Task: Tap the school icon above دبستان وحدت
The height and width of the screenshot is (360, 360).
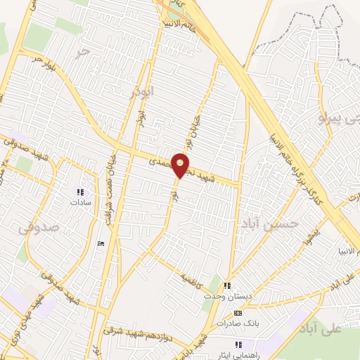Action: pos(226,285)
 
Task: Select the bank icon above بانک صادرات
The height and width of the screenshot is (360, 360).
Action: pos(238,313)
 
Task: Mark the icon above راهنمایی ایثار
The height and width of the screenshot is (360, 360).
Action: pos(238,344)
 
